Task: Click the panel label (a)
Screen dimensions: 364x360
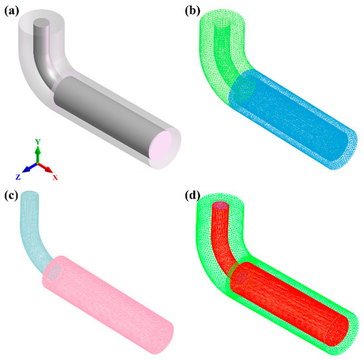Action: point(12,11)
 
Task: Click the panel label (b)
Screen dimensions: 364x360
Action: point(193,11)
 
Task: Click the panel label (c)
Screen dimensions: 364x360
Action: point(11,196)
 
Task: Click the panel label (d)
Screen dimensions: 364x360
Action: point(193,196)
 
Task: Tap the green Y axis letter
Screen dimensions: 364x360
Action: point(38,142)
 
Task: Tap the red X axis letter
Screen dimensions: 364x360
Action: point(55,177)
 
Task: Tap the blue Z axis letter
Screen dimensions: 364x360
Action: point(18,177)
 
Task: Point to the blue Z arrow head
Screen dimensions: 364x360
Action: point(26,169)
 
